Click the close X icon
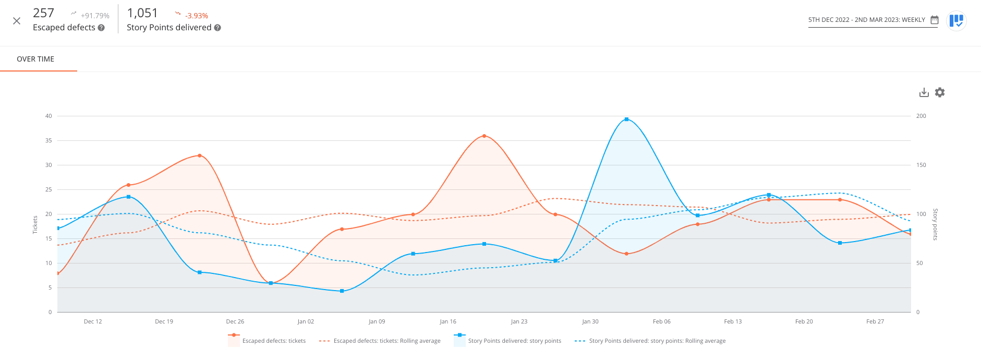[x=17, y=21]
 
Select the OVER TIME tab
[x=35, y=59]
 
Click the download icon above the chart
[x=924, y=92]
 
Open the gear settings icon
[x=940, y=92]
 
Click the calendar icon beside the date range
[x=935, y=20]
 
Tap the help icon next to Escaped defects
[x=101, y=28]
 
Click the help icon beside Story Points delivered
[x=217, y=28]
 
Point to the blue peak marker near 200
[x=626, y=119]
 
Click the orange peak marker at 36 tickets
[x=484, y=136]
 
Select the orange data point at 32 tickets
[x=200, y=155]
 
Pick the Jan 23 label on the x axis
[x=519, y=321]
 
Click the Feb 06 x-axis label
[x=661, y=321]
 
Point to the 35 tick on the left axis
[x=49, y=140]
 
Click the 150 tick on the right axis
[x=921, y=165]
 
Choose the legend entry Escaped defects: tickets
[x=274, y=341]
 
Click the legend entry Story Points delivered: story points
[x=514, y=341]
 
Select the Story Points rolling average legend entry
[x=657, y=341]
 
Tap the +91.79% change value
[x=95, y=16]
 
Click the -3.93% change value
[x=196, y=16]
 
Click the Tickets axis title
[x=35, y=225]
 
